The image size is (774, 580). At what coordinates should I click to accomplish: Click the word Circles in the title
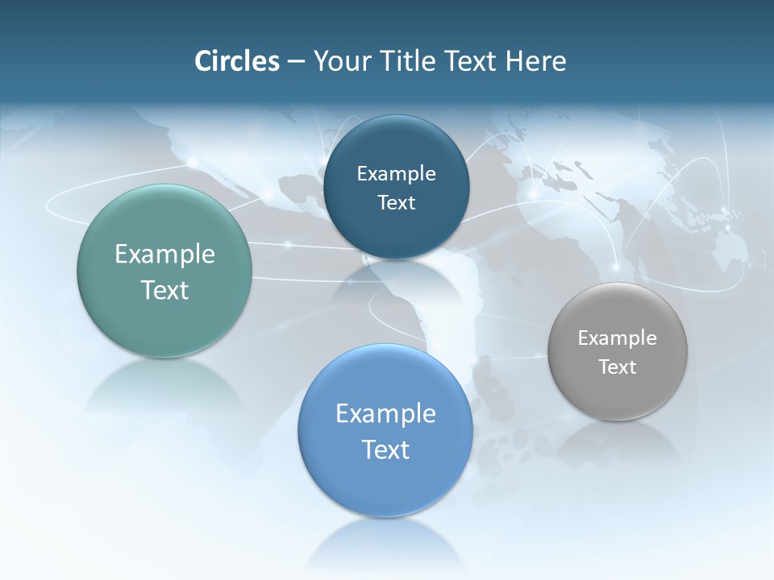237,61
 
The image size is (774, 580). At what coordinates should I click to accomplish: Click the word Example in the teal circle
164,255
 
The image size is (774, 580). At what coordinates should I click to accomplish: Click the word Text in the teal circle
164,290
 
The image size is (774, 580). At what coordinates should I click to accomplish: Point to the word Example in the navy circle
396,174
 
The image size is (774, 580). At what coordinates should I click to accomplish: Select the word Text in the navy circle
396,203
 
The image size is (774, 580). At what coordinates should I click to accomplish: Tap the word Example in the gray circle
618,338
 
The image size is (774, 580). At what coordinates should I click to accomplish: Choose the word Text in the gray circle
618,367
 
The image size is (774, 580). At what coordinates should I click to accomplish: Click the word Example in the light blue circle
385,414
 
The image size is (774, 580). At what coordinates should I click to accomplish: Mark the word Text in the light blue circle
385,449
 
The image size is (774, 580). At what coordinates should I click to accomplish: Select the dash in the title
296,62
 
